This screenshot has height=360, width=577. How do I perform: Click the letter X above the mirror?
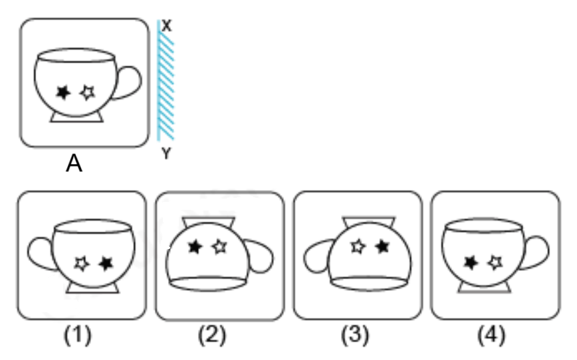coord(167,26)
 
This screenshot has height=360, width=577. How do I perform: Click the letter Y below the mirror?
coord(166,153)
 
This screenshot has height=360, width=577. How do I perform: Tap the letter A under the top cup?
coord(74,163)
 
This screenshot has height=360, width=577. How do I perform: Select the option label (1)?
coord(78,335)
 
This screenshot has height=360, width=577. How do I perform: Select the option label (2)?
coord(212,335)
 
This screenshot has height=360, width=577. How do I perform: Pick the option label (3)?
coord(355,335)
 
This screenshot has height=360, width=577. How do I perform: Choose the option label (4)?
coord(491,335)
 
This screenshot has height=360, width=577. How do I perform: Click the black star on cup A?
coord(63,93)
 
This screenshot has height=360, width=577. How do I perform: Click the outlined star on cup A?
coord(88,93)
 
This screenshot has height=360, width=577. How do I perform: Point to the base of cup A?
coord(76,118)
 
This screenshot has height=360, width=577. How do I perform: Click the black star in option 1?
coord(106,263)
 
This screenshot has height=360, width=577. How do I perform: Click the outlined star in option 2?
coord(219,246)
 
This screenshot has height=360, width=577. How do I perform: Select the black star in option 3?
coord(383,246)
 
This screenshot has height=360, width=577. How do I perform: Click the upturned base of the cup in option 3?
coord(369,222)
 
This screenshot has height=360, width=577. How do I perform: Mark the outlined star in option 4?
coord(496,262)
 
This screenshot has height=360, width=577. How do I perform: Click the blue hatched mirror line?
coord(166,80)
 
